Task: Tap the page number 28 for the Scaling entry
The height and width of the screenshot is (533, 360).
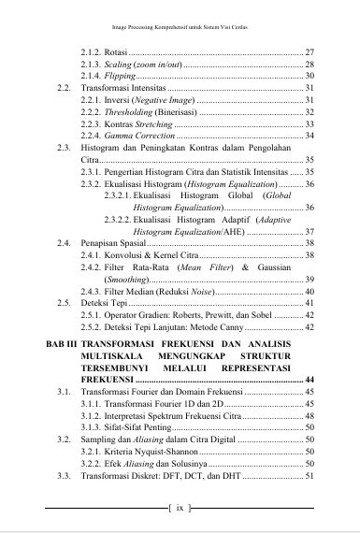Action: click(310, 63)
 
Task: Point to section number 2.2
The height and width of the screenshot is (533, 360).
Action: click(64, 87)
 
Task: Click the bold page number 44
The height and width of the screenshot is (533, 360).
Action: click(309, 407)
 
